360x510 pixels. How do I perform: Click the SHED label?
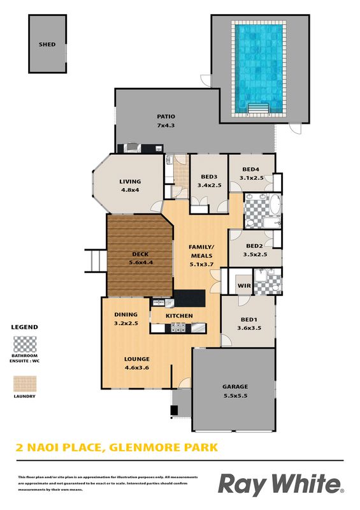click(47, 45)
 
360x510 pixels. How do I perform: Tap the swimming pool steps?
click(259, 108)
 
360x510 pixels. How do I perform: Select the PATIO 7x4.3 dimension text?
click(166, 125)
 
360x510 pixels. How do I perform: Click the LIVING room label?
click(130, 182)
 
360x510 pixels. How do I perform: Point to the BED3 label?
click(209, 177)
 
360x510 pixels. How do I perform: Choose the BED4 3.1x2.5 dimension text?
click(252, 178)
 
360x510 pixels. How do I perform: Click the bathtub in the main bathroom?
click(275, 204)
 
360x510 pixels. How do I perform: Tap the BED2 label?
click(254, 246)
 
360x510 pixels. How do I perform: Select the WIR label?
click(244, 286)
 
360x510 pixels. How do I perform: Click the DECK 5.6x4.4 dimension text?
click(141, 262)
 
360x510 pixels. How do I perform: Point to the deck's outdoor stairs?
click(96, 261)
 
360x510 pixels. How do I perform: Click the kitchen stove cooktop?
click(178, 328)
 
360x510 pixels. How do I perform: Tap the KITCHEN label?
click(179, 316)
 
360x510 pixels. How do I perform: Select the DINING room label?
click(126, 314)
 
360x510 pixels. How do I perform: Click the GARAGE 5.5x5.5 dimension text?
click(236, 395)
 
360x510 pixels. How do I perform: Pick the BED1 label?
click(249, 320)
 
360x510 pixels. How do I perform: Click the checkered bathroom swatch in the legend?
click(25, 344)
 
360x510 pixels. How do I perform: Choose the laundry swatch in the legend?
click(25, 384)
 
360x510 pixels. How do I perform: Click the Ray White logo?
click(281, 484)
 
